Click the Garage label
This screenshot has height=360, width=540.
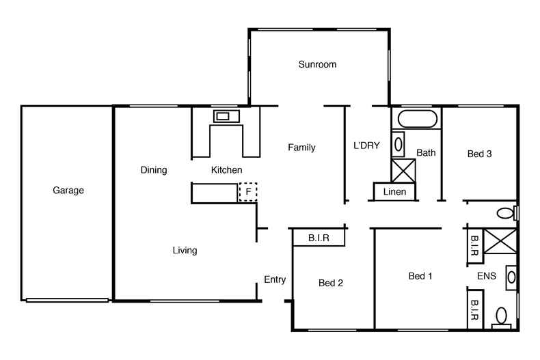pos(68,191)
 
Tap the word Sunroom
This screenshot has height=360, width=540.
pos(317,65)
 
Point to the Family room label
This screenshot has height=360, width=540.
pos(301,148)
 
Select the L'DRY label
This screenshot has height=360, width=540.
pos(366,146)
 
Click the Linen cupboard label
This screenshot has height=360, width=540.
pos(394,192)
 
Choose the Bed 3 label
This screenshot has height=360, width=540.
pos(479,154)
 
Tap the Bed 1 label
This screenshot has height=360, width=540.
pos(420,276)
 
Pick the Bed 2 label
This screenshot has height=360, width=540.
pos(331,283)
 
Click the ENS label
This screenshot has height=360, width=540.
pos(486,276)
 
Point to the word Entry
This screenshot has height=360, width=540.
pos(275,279)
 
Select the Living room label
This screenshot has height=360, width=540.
pos(185,251)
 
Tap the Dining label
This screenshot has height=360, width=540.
pos(154,170)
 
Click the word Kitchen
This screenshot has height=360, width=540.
pos(226,170)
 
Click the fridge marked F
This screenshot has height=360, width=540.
pos(248,193)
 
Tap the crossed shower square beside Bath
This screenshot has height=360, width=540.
pos(403,170)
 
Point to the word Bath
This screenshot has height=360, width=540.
pos(426,153)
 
